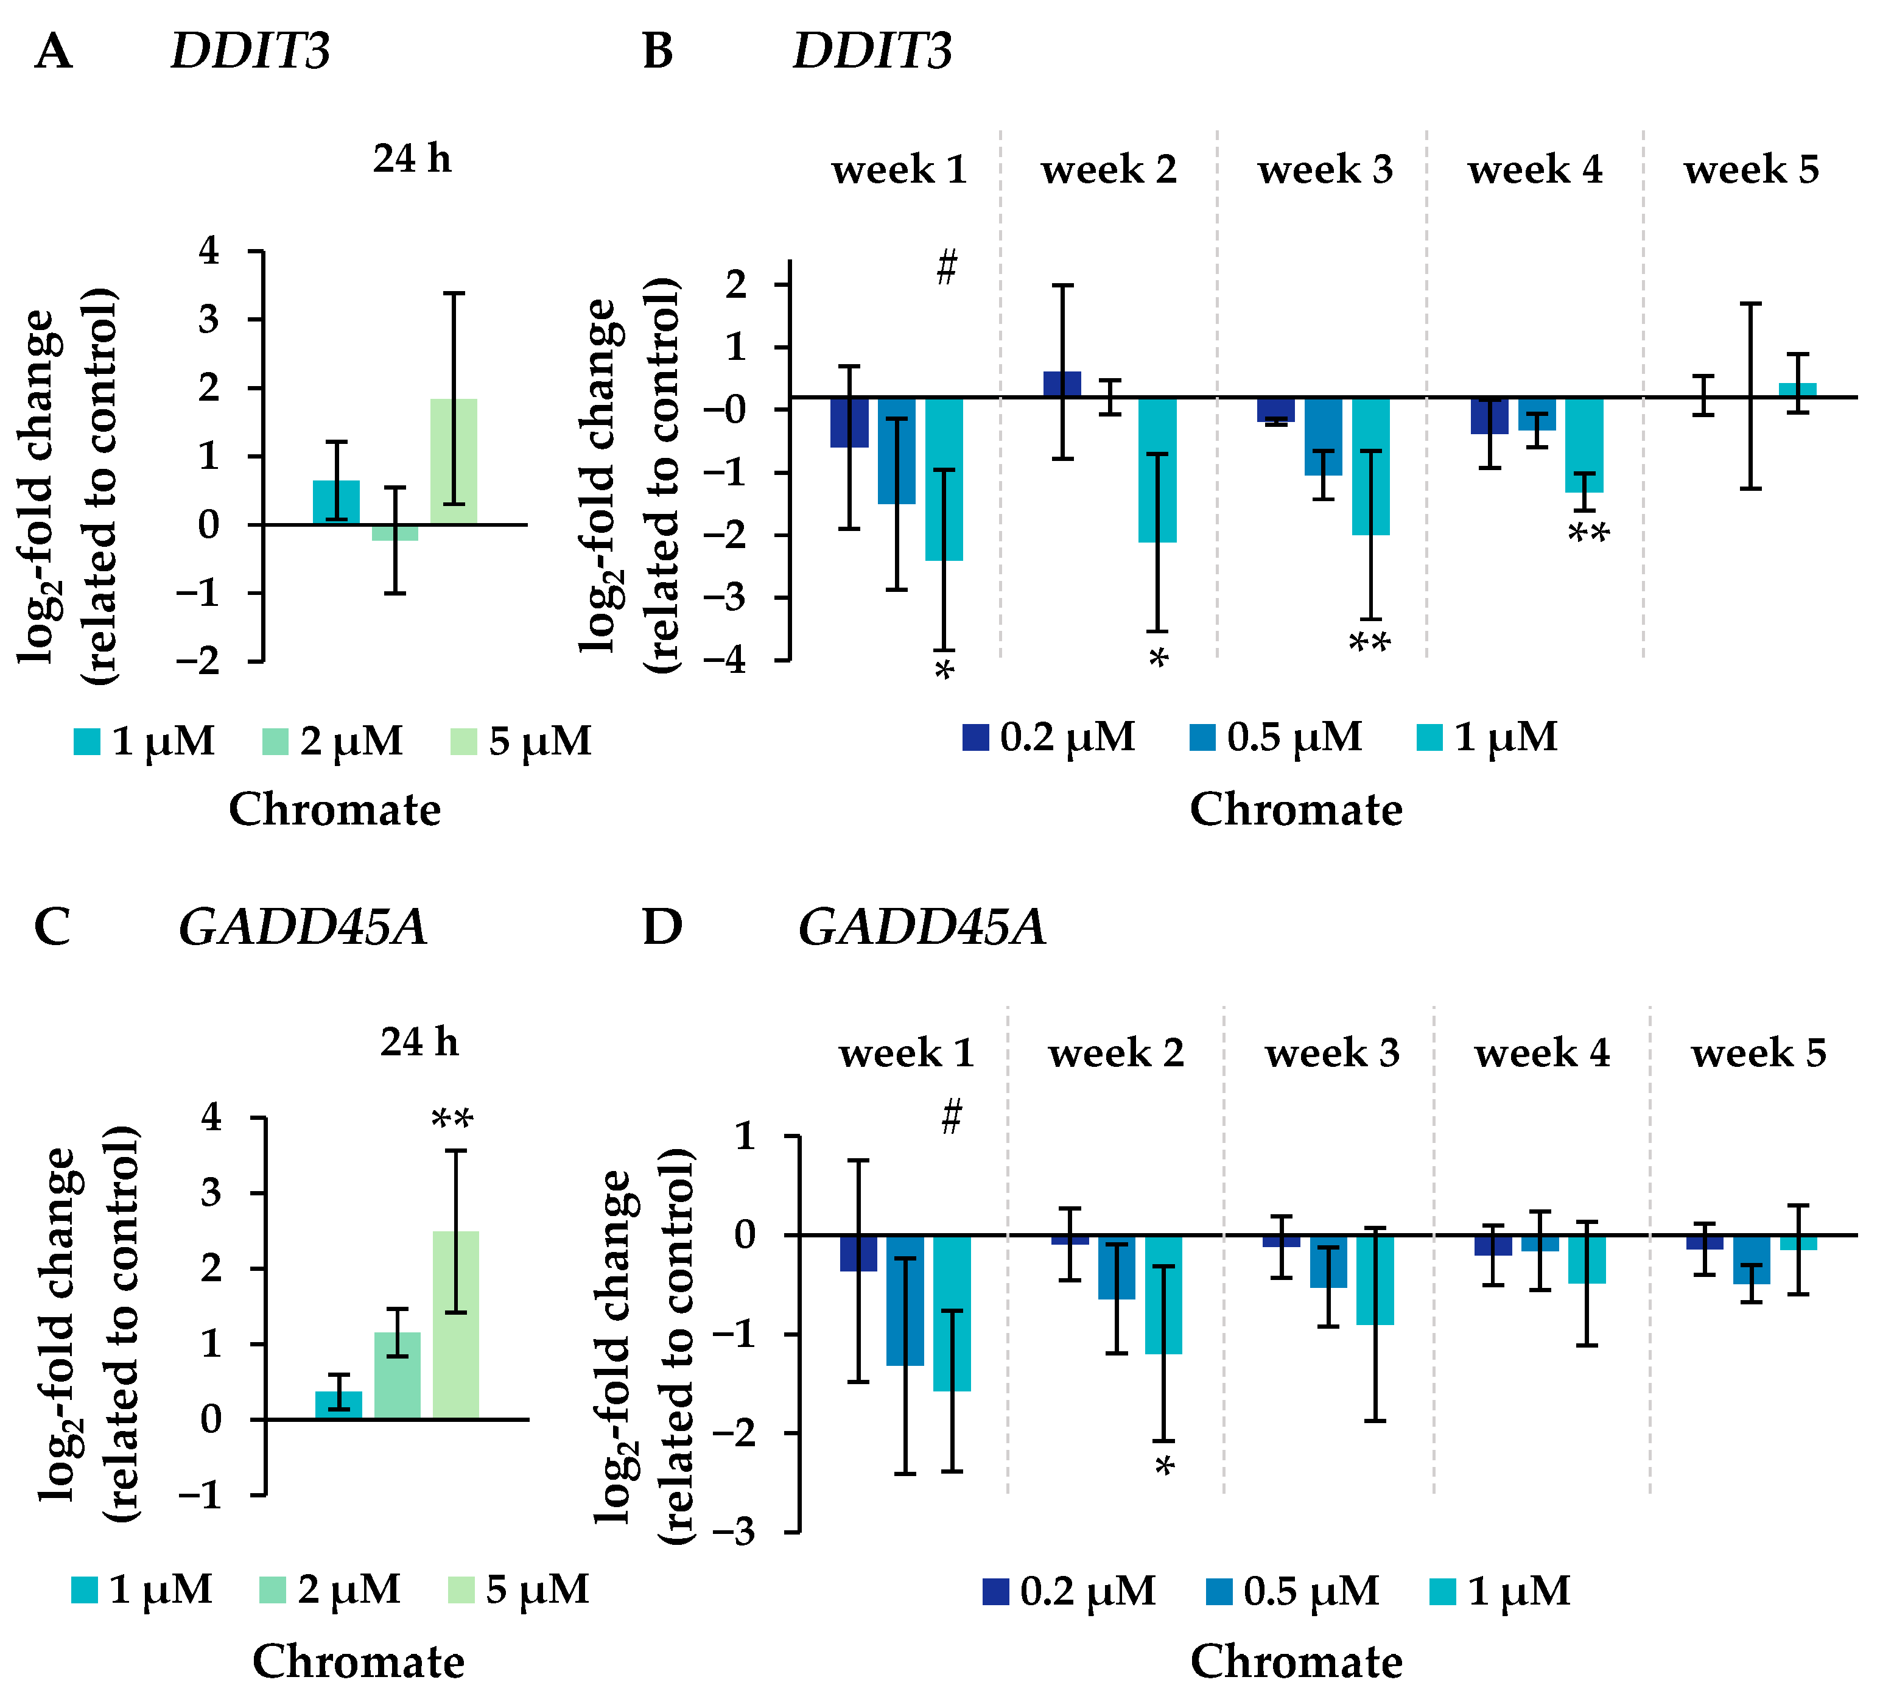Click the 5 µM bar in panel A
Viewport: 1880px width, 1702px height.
pyautogui.click(x=453, y=461)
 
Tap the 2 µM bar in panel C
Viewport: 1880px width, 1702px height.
pyautogui.click(x=398, y=1376)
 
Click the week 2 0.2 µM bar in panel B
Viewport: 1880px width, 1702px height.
pyautogui.click(x=1062, y=384)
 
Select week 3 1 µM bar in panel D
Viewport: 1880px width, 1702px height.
pyautogui.click(x=1375, y=1279)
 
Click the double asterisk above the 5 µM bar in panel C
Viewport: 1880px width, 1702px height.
pyautogui.click(x=453, y=1120)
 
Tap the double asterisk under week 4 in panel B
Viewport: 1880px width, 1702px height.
pyautogui.click(x=1588, y=535)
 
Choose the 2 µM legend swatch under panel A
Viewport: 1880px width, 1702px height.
pyautogui.click(x=275, y=742)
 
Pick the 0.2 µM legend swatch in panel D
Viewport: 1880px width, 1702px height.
pyautogui.click(x=996, y=1592)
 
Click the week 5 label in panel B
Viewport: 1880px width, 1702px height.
pyautogui.click(x=1752, y=170)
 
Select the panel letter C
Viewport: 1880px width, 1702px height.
pyautogui.click(x=52, y=928)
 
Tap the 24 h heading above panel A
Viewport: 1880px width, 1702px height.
pyautogui.click(x=412, y=158)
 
